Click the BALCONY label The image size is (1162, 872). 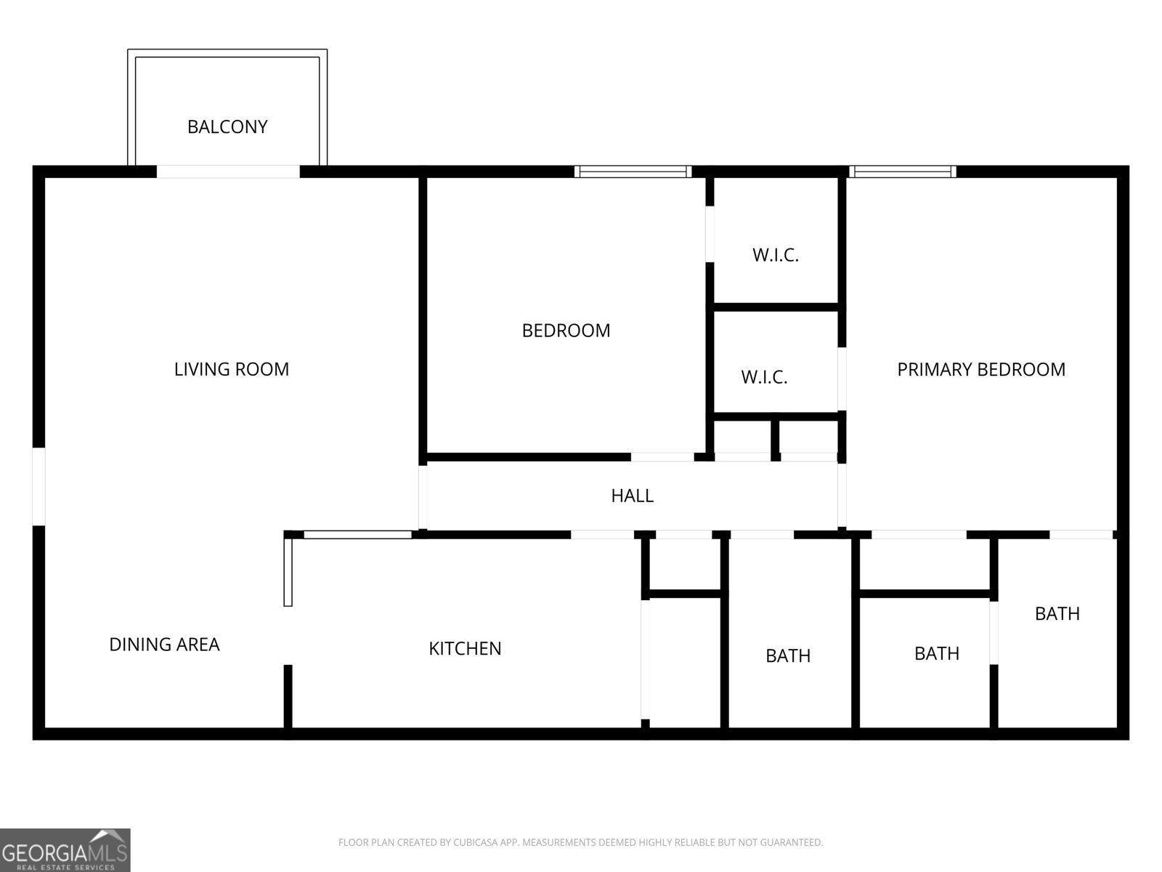coord(227,127)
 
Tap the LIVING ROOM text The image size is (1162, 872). coord(232,369)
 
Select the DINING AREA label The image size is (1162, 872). coord(164,645)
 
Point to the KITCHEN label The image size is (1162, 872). coord(465,649)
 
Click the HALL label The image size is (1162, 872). coord(632,496)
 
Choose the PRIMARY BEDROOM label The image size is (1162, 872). coord(981,370)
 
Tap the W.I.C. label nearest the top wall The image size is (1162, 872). coord(776,255)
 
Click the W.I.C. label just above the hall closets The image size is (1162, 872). coord(765,377)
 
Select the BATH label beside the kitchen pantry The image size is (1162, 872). coord(788,656)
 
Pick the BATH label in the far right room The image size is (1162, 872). coord(1057,613)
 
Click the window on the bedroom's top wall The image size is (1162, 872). coord(633,171)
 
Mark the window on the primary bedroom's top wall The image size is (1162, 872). coord(903,171)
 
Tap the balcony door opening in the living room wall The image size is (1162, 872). coord(228,171)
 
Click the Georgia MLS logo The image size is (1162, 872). coord(65,850)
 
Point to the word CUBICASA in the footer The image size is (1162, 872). coord(474,842)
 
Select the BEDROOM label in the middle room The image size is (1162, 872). coord(566,331)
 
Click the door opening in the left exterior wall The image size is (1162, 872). coord(38,487)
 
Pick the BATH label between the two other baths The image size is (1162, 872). coord(936,654)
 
